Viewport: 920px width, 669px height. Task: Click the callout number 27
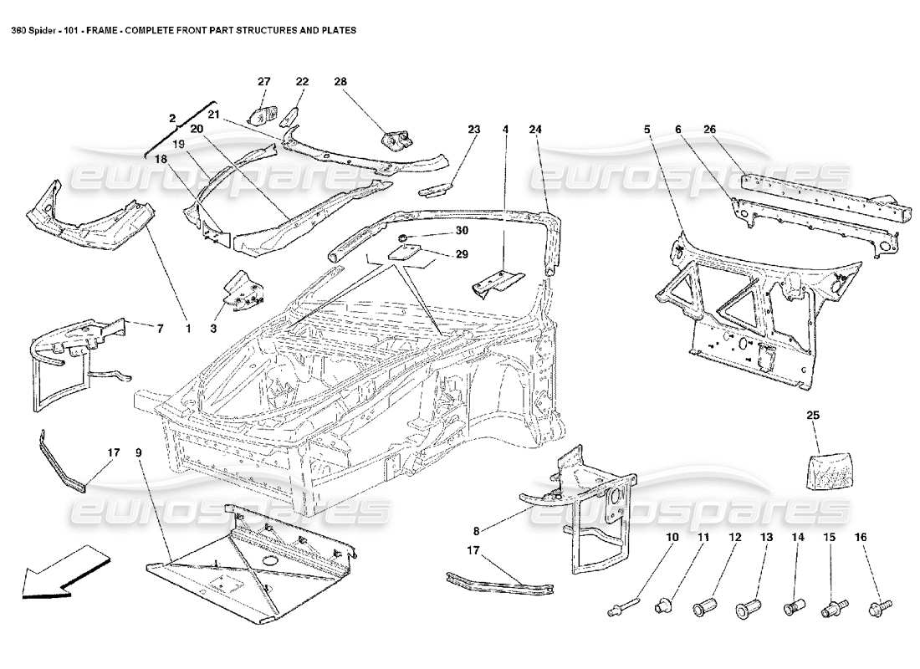[264, 81]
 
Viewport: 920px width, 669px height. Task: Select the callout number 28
[340, 81]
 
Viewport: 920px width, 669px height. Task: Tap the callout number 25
[813, 415]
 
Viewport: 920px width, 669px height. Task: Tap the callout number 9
[138, 453]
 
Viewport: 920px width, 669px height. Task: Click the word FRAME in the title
[100, 29]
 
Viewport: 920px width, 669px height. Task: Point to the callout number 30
[438, 231]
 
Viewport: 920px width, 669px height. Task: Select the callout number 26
[709, 130]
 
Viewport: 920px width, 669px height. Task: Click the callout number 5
[647, 130]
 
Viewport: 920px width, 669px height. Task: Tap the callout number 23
[474, 130]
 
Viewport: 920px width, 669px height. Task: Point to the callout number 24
[535, 130]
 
